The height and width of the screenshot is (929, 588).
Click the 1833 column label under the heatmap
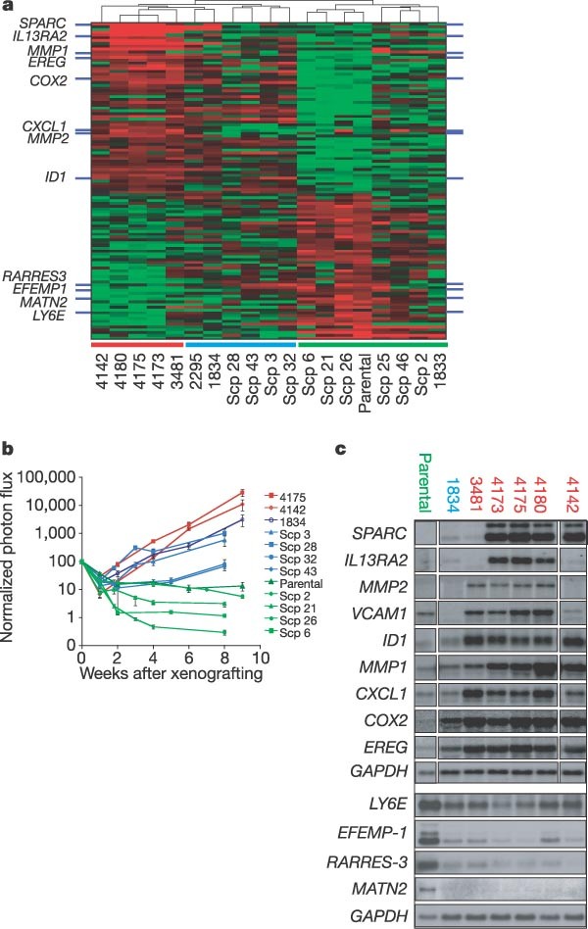pos(439,370)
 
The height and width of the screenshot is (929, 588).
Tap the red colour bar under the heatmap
pos(136,344)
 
